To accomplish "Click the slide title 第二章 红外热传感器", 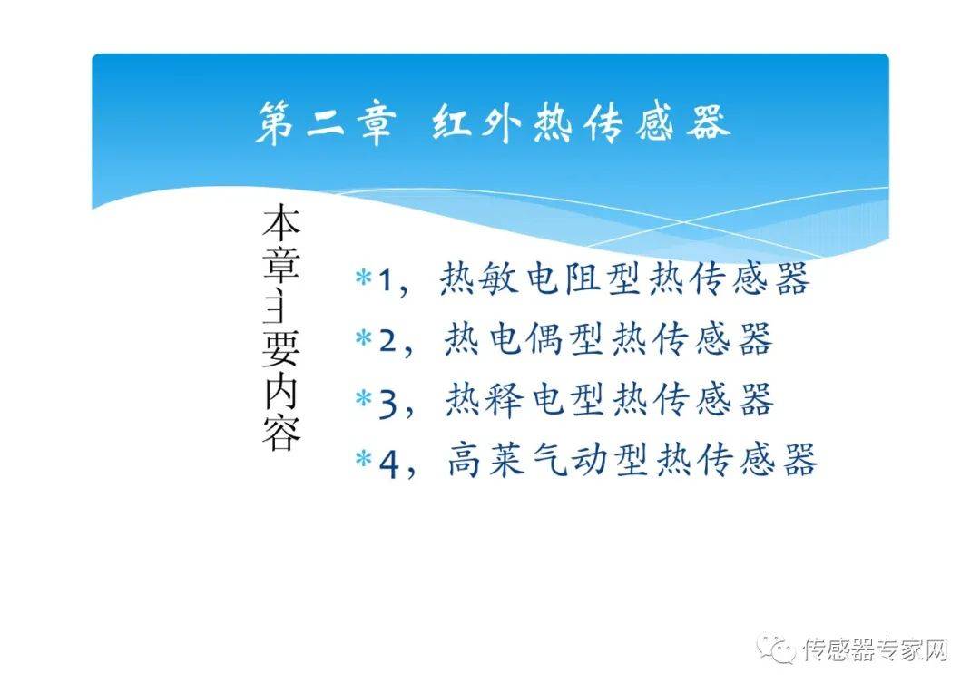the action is (494, 122).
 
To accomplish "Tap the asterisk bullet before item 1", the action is (364, 277).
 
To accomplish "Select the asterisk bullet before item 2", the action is (364, 338).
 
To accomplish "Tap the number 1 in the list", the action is (386, 280).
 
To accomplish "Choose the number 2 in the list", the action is (388, 341).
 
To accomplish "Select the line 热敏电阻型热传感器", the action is (624, 278).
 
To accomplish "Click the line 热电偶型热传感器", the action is (608, 339).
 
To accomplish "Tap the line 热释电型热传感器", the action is (610, 399).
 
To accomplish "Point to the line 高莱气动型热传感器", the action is (632, 460).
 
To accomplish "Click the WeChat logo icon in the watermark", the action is (776, 648).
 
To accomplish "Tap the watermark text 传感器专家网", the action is (876, 649).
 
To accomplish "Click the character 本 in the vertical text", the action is (281, 222).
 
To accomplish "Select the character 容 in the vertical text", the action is (281, 432).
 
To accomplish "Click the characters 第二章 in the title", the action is (326, 123).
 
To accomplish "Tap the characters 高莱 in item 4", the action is (487, 460).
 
